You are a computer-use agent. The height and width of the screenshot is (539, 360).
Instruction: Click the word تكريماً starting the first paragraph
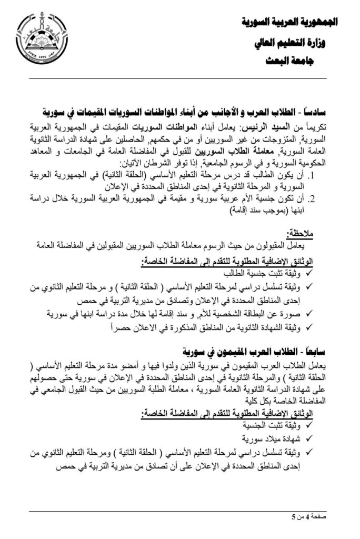click(316, 127)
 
